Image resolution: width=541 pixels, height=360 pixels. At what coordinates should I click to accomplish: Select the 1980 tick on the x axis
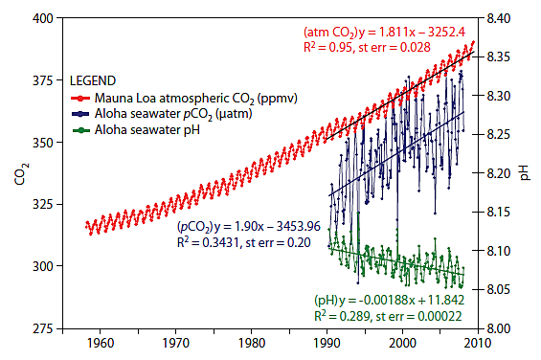pyautogui.click(x=251, y=342)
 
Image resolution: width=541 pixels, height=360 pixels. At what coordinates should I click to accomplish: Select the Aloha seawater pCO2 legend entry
pyautogui.click(x=163, y=113)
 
